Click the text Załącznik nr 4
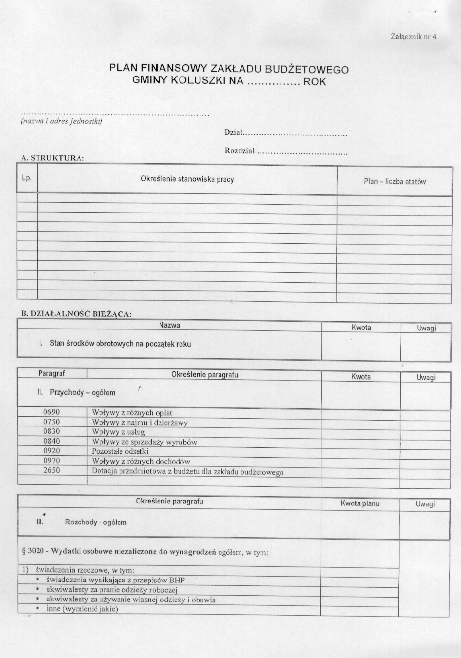[x=413, y=36]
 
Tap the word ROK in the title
[x=314, y=82]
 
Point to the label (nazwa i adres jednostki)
[x=61, y=121]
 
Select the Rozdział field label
[x=240, y=151]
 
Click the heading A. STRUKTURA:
[x=53, y=158]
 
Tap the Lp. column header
[x=27, y=178]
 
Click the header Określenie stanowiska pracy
[x=187, y=179]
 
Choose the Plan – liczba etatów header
[x=395, y=182]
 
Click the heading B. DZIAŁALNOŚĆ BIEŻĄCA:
[x=74, y=314]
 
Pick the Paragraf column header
[x=52, y=374]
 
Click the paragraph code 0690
[x=52, y=412]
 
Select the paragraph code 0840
[x=52, y=442]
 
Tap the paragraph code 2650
[x=52, y=471]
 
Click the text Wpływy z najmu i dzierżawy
[x=140, y=423]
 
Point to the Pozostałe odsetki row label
[x=120, y=451]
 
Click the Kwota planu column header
[x=360, y=503]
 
